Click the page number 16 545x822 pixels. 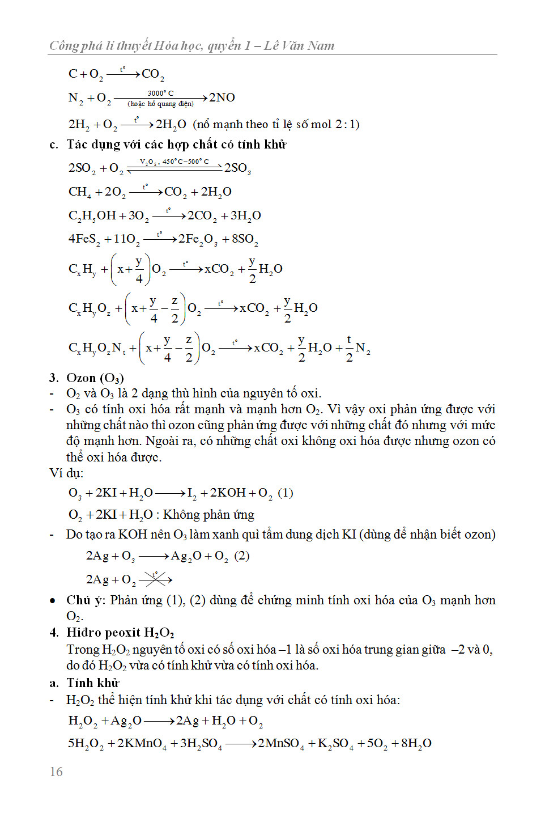[56, 772]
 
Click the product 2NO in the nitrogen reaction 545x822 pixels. [222, 98]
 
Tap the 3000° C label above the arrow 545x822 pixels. [161, 93]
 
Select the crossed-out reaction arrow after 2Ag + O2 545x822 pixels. [155, 579]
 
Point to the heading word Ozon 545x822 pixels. [81, 378]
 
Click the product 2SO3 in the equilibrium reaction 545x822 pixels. [237, 168]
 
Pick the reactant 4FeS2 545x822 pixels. [84, 239]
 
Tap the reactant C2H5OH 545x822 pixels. [92, 215]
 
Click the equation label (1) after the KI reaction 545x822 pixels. [286, 493]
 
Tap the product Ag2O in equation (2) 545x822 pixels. [186, 556]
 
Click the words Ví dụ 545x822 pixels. [66, 473]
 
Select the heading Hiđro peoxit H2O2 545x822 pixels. [120, 632]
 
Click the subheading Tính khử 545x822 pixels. [92, 683]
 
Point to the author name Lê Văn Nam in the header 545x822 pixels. [299, 45]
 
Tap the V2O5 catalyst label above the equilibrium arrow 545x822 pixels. [149, 162]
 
